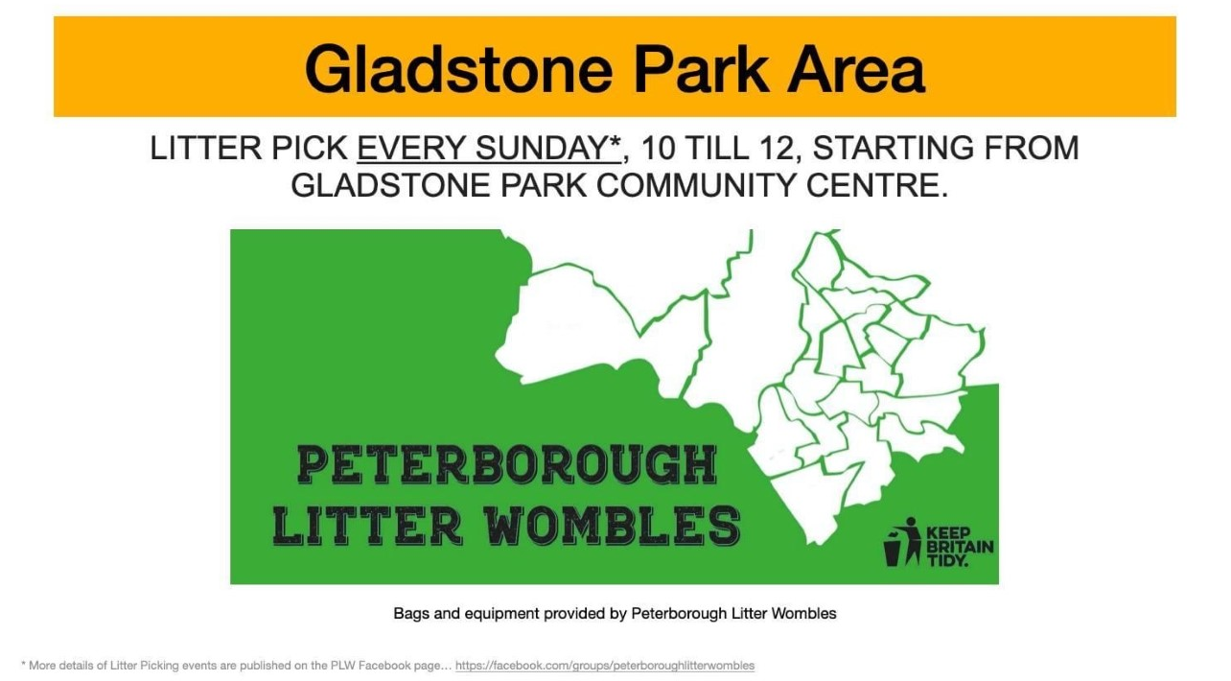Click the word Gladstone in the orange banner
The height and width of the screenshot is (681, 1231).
click(458, 70)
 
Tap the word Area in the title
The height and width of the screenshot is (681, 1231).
click(856, 70)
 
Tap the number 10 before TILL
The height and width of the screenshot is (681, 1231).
click(659, 149)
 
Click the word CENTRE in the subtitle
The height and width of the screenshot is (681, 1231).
click(876, 185)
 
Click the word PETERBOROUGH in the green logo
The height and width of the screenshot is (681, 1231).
click(507, 465)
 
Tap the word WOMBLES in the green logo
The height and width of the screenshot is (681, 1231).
click(614, 525)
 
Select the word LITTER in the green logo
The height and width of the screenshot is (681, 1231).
click(367, 525)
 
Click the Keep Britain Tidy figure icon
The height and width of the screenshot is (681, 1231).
click(902, 542)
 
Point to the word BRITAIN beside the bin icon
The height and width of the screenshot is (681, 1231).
click(960, 548)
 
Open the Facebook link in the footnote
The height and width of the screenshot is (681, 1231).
click(605, 666)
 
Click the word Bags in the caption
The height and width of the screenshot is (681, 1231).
click(411, 614)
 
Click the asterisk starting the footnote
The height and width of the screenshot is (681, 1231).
click(23, 664)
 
